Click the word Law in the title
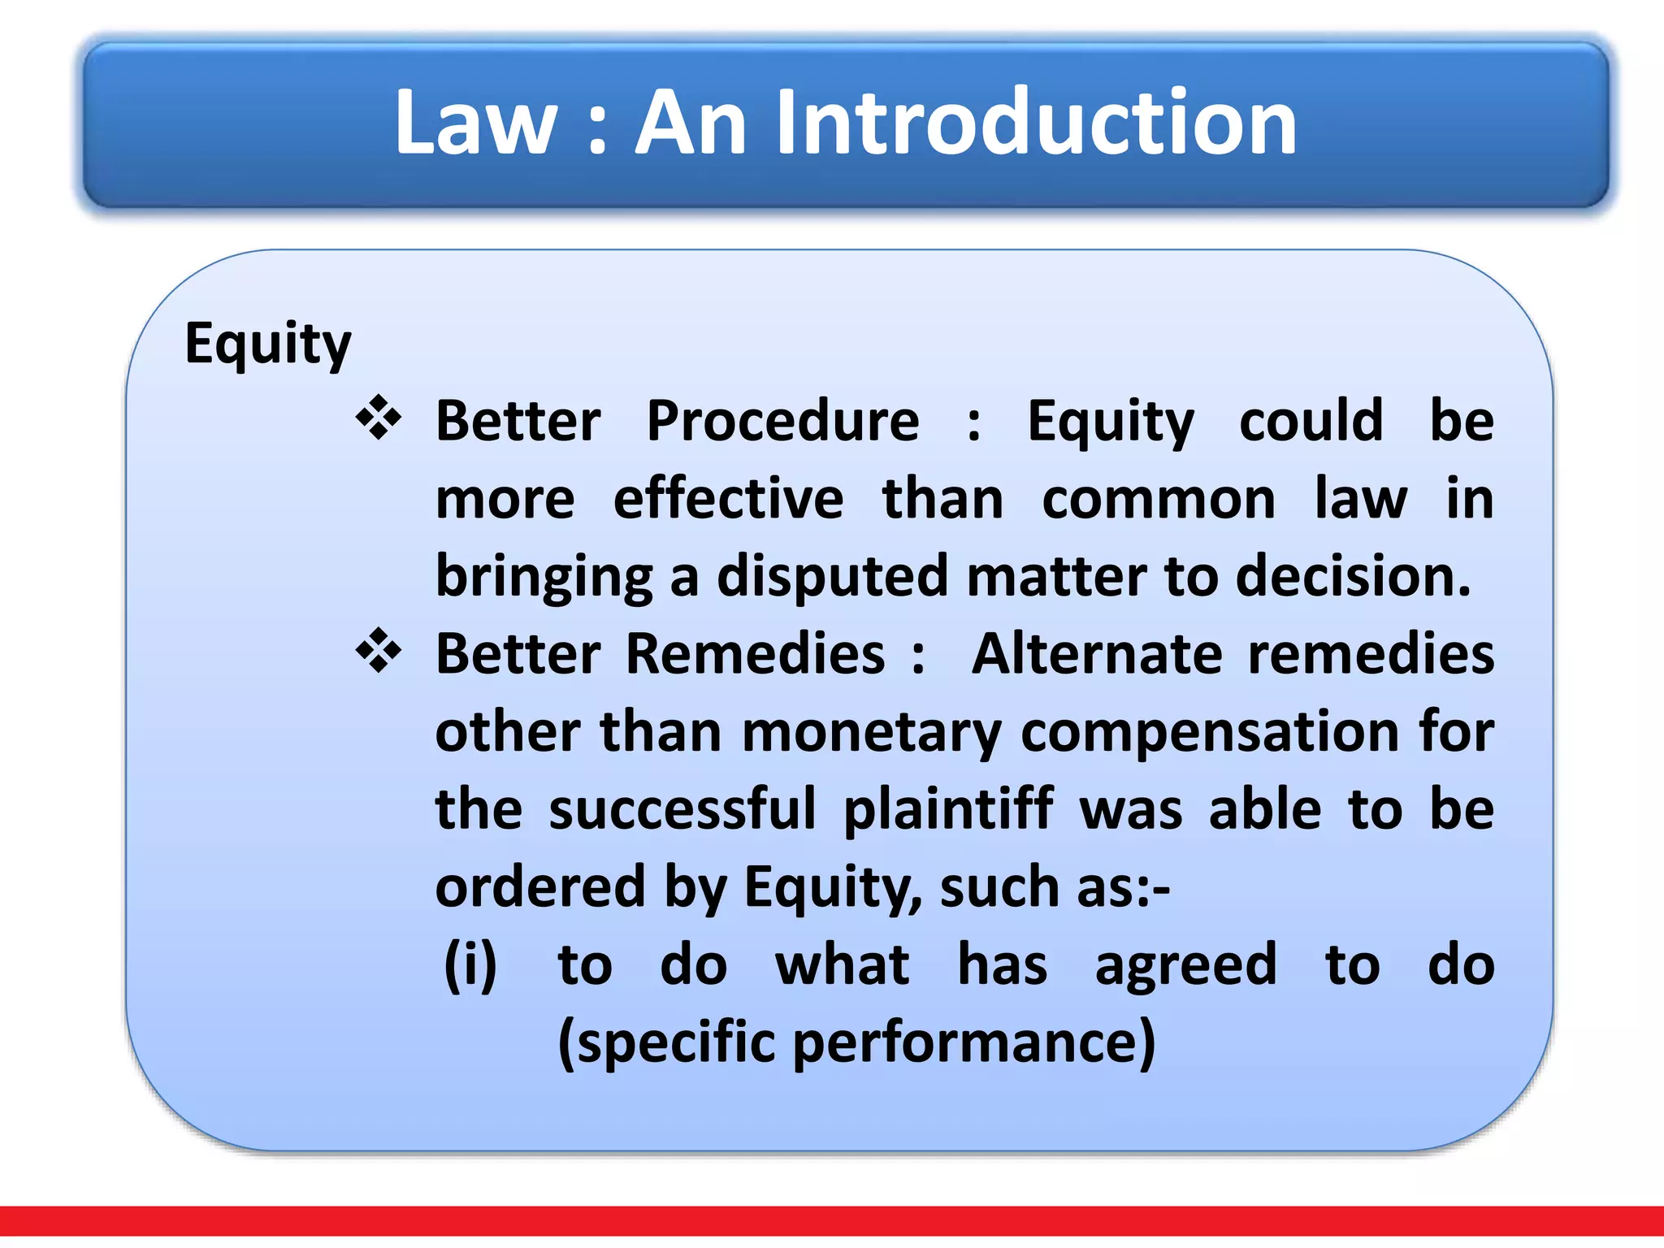[475, 123]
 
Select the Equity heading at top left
[267, 344]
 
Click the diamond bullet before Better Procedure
[379, 418]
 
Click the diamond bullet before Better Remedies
[379, 652]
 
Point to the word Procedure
[782, 422]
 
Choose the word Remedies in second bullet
[755, 654]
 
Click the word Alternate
[1097, 654]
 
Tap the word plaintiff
[948, 809]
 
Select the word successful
[682, 809]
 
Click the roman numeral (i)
[470, 965]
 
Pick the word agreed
[1185, 965]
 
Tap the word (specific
[666, 1043]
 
